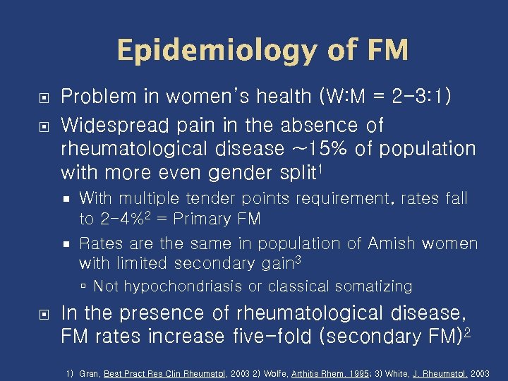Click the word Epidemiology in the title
(207, 51)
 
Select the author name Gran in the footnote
(90, 373)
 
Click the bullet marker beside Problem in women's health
(43, 97)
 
